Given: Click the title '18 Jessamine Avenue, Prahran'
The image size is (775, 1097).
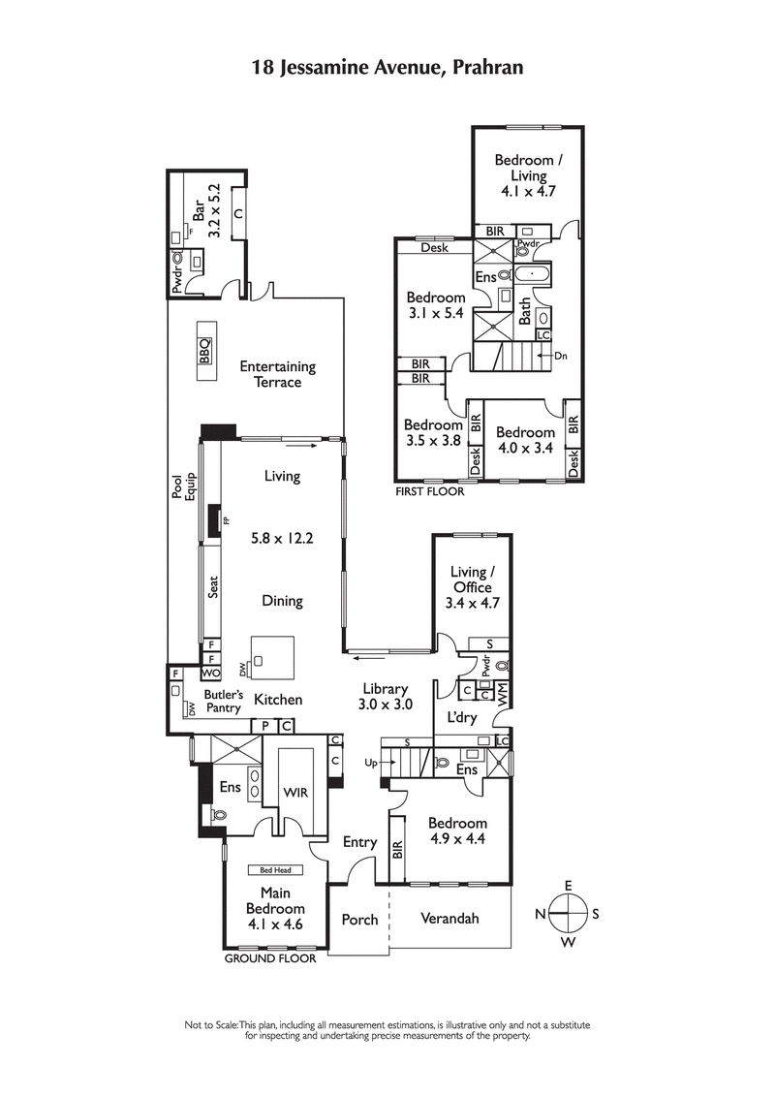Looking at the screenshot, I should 387,67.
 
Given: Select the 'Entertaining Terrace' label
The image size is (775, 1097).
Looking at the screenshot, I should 277,374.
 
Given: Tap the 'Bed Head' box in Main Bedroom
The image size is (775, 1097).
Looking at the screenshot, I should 275,870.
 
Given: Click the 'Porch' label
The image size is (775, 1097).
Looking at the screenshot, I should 359,919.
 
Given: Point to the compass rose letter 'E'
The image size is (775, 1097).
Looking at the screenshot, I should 569,885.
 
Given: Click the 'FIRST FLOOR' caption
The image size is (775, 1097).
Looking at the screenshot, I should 429,491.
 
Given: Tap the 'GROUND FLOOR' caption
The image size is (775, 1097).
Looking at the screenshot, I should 270,958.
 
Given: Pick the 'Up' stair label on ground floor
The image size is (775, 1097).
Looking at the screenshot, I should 371,763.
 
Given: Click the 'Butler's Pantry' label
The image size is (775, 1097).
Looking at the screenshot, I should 221,701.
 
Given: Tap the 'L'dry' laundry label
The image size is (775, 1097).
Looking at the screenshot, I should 462,718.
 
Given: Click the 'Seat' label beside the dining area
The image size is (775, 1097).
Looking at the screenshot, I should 214,588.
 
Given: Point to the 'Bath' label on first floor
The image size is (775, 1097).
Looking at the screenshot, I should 525,311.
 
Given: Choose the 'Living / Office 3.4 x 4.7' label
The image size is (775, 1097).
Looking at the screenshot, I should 471,587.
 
